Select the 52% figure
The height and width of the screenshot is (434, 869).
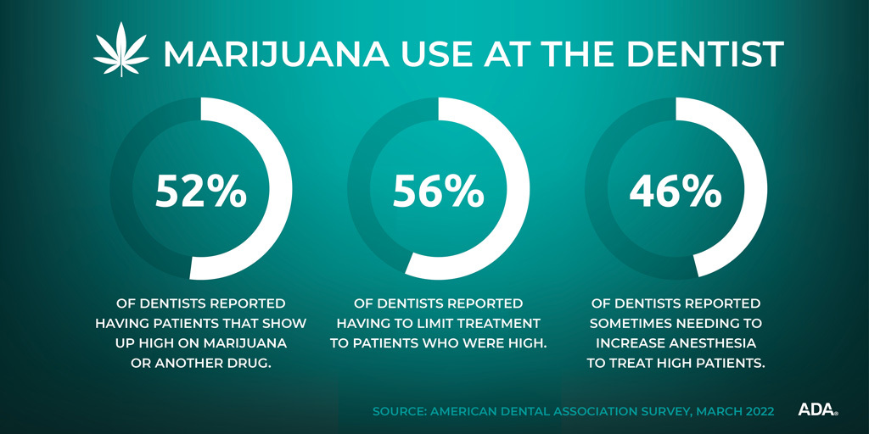click(x=200, y=192)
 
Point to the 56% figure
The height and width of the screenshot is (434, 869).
click(x=438, y=192)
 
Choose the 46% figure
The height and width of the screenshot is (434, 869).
click(x=676, y=192)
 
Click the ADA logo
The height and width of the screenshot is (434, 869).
click(x=817, y=410)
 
